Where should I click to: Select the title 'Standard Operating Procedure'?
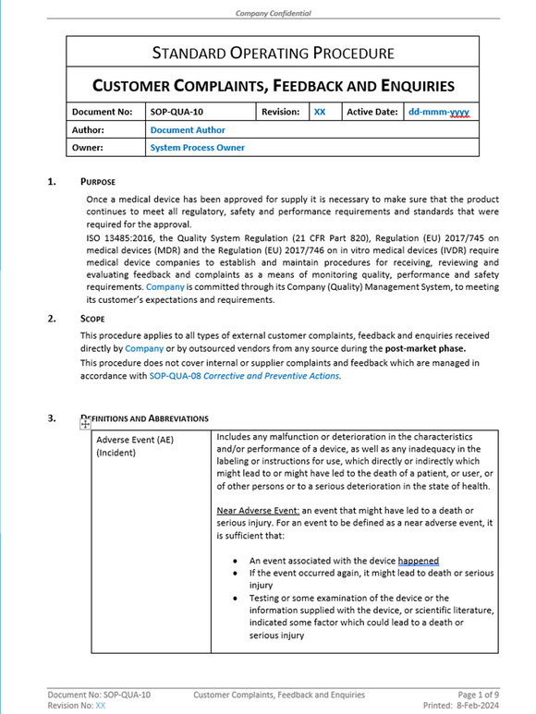pyautogui.click(x=273, y=54)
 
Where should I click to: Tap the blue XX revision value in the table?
pyautogui.click(x=320, y=112)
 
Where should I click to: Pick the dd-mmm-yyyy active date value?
pyautogui.click(x=439, y=112)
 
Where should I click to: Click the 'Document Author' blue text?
pyautogui.click(x=188, y=130)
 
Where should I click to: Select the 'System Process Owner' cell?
pyautogui.click(x=197, y=147)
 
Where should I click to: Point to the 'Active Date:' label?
pyautogui.click(x=372, y=112)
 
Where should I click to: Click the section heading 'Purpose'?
pyautogui.click(x=98, y=182)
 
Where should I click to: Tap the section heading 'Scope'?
pyautogui.click(x=92, y=319)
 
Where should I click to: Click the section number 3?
pyautogui.click(x=52, y=418)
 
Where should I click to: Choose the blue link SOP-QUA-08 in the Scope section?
pyautogui.click(x=175, y=376)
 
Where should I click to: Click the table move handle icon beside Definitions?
pyautogui.click(x=86, y=424)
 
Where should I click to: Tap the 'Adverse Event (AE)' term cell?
pyautogui.click(x=135, y=440)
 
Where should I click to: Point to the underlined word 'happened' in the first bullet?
pyautogui.click(x=419, y=561)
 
